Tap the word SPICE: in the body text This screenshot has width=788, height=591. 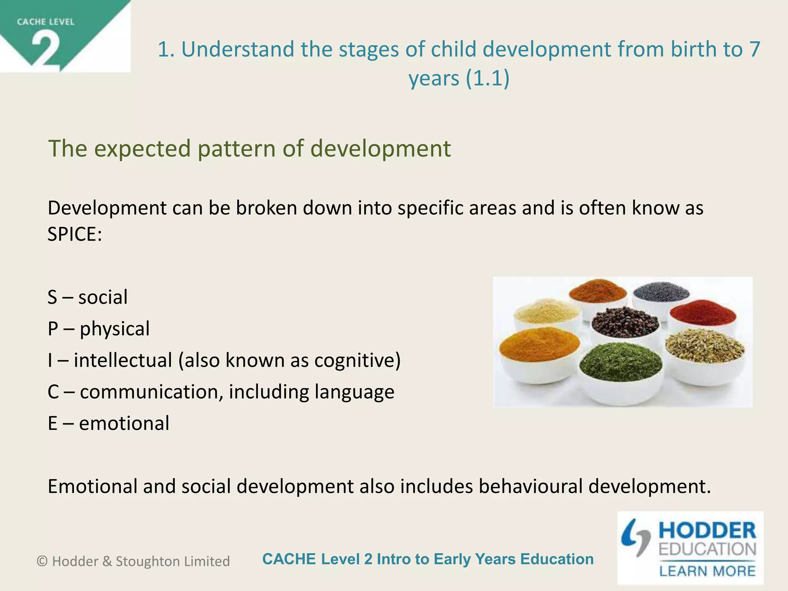pyautogui.click(x=75, y=234)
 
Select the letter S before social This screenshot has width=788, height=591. pyautogui.click(x=52, y=297)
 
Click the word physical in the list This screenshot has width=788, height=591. pyautogui.click(x=115, y=329)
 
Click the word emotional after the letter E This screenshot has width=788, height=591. pyautogui.click(x=124, y=424)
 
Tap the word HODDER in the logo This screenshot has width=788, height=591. pyautogui.click(x=707, y=531)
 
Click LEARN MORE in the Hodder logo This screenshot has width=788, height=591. pyautogui.click(x=707, y=571)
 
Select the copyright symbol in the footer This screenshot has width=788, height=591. pyautogui.click(x=42, y=561)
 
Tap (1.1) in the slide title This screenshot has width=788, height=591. pyautogui.click(x=487, y=78)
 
